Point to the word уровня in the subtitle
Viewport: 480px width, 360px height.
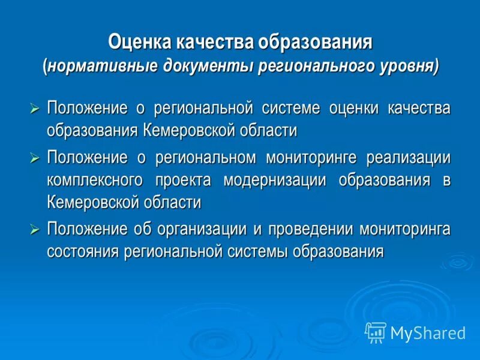408,65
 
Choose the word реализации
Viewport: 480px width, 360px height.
413,158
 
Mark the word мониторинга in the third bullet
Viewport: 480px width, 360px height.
405,229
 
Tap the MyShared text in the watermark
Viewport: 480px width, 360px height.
428,332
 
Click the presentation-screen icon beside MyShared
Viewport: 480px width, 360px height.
375,332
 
